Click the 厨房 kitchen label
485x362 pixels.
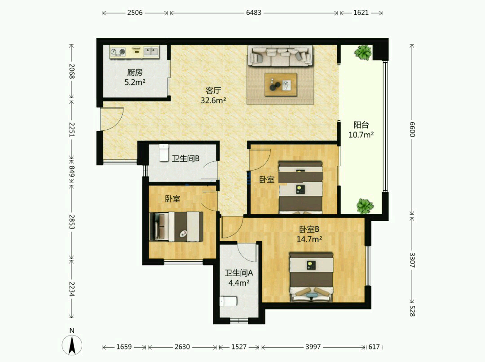click(x=135, y=72)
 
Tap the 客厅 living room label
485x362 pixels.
click(x=213, y=91)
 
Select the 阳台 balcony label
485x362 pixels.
click(x=361, y=125)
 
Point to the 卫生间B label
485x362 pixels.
click(x=185, y=159)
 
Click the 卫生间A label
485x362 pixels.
click(x=239, y=273)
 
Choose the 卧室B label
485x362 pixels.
click(x=309, y=229)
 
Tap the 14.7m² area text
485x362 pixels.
click(x=309, y=239)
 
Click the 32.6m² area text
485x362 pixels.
click(x=213, y=100)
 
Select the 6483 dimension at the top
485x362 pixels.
click(x=254, y=13)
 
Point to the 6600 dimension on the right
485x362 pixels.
click(x=412, y=129)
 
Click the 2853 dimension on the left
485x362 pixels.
click(x=72, y=222)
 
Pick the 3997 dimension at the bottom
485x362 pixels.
click(x=313, y=347)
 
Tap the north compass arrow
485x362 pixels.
click(x=72, y=345)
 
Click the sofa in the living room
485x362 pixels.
click(x=281, y=56)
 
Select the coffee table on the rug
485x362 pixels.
click(x=281, y=84)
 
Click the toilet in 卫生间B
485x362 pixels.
click(x=164, y=153)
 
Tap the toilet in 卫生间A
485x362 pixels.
click(x=228, y=301)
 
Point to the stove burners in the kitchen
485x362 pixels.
click(x=118, y=52)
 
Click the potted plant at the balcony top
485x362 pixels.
click(x=363, y=52)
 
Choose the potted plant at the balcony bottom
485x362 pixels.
click(x=365, y=206)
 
